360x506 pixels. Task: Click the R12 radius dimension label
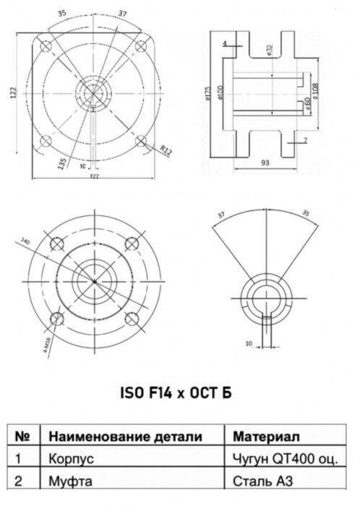(x=166, y=152)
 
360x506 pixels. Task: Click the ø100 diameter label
(x=219, y=95)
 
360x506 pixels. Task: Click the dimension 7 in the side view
(x=306, y=140)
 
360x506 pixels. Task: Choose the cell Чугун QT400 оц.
(x=285, y=458)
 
